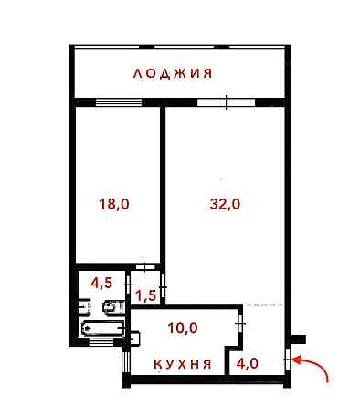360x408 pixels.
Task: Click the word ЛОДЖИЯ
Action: coord(173,73)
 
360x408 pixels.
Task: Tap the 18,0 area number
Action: coord(114,205)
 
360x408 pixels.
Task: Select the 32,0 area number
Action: coord(224,205)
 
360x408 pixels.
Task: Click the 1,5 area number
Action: coord(144,295)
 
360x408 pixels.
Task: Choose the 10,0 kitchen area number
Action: coord(183,327)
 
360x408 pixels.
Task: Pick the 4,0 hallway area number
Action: coord(248,362)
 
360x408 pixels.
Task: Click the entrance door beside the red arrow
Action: coord(288,360)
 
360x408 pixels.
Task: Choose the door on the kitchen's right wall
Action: coord(239,325)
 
